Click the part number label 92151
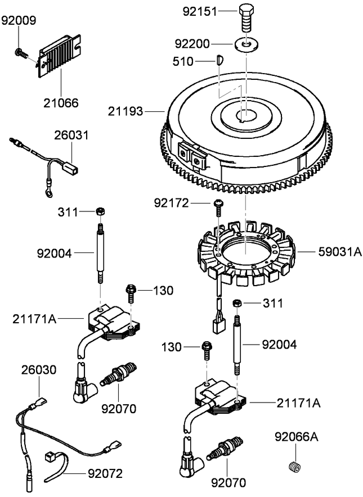click(198, 11)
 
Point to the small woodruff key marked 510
click(220, 59)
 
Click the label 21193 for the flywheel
click(126, 112)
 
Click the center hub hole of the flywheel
click(246, 115)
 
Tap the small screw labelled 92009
click(20, 53)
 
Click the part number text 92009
click(19, 21)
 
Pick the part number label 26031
click(71, 136)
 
